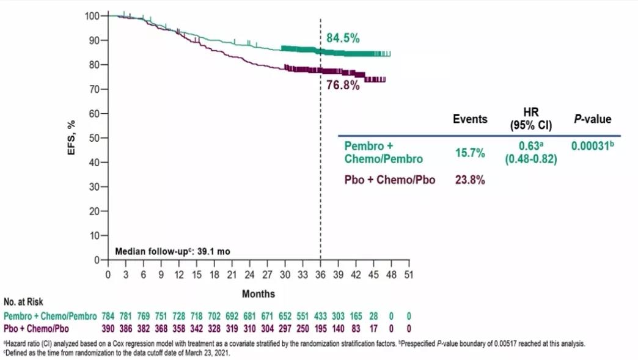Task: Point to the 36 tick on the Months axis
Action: [x=321, y=274]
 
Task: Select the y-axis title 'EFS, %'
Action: [x=72, y=138]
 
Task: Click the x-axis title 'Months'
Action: [x=258, y=294]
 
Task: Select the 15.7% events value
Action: [x=469, y=153]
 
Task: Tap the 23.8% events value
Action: [x=469, y=180]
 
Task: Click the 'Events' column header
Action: [x=470, y=119]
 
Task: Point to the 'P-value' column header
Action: [x=592, y=119]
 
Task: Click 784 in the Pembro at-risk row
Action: [x=108, y=317]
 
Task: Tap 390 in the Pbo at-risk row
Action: [x=108, y=329]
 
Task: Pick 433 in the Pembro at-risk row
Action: [x=321, y=317]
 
